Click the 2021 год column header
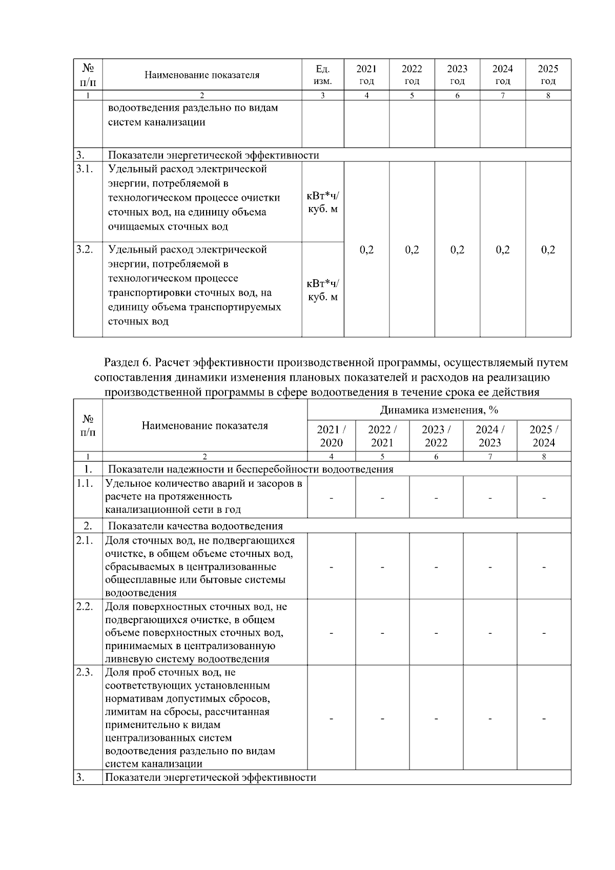tap(366, 75)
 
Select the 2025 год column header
tap(548, 75)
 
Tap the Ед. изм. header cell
tap(322, 75)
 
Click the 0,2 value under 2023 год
tap(457, 250)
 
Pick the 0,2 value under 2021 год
tap(366, 250)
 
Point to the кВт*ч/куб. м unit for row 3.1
tap(322, 202)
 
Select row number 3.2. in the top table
tap(85, 250)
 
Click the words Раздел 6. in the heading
tap(128, 363)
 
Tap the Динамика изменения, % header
tap(439, 410)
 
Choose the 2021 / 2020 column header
tap(331, 436)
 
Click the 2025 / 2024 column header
tap(544, 436)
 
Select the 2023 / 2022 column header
tap(436, 436)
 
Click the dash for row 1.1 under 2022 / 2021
tap(382, 497)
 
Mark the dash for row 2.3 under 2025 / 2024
tap(544, 718)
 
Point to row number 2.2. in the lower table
tap(85, 607)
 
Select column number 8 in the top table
tap(548, 95)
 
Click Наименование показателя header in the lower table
tap(204, 426)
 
